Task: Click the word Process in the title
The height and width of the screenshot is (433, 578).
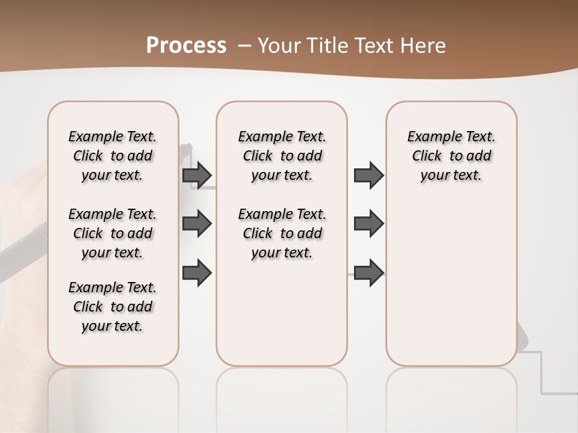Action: click(186, 46)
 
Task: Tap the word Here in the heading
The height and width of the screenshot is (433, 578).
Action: click(425, 46)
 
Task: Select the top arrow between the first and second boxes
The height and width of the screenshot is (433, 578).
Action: click(197, 175)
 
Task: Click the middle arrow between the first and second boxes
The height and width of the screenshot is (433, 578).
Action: click(197, 224)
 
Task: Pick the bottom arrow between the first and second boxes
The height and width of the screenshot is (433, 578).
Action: click(197, 272)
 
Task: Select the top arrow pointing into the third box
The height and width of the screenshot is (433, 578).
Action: click(368, 175)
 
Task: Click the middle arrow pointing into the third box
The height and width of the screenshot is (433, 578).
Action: click(368, 224)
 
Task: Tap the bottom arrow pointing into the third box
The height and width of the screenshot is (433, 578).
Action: click(368, 272)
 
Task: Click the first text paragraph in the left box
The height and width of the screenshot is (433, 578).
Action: click(113, 156)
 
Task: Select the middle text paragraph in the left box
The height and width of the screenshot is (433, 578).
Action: click(113, 233)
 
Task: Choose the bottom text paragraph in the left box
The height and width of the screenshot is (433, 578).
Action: click(113, 307)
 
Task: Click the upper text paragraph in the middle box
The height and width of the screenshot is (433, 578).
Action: click(282, 156)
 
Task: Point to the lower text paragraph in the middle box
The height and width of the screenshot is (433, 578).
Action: click(282, 233)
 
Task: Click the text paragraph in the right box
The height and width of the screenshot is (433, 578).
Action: click(452, 156)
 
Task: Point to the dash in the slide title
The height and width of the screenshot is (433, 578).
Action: click(245, 46)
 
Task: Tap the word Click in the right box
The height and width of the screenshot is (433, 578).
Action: click(427, 156)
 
